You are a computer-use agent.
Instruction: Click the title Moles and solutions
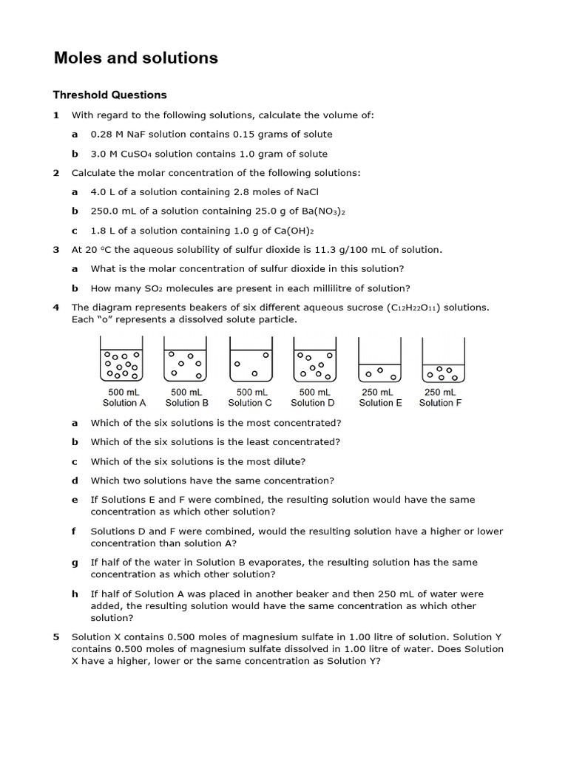(135, 58)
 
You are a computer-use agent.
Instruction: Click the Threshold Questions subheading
(109, 95)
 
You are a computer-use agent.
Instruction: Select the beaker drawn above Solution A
(122, 359)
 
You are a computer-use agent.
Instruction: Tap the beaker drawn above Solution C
(251, 359)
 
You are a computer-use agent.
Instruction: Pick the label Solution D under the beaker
(312, 403)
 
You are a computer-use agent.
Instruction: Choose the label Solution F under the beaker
(440, 403)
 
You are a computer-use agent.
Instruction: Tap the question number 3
(56, 250)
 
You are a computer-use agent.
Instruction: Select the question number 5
(56, 637)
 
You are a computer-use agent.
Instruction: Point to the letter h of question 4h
(75, 594)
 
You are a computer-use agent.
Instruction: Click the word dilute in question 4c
(289, 461)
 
